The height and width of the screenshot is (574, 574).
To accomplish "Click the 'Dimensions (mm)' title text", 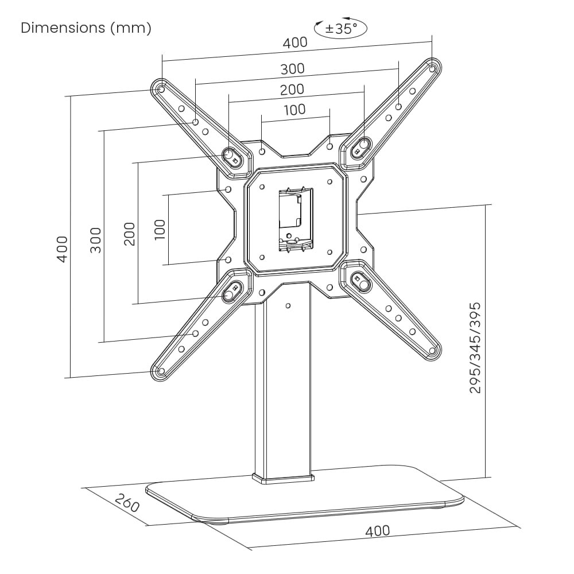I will tap(86, 28).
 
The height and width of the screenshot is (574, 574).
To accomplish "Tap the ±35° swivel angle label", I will tap(341, 29).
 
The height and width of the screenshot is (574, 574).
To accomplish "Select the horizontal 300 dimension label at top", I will tap(293, 69).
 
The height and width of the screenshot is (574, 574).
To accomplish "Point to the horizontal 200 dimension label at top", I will tap(292, 90).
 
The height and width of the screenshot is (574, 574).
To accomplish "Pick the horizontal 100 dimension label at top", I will tap(294, 109).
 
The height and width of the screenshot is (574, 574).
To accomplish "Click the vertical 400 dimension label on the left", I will tap(63, 248).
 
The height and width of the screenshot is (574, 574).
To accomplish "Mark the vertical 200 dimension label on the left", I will tap(130, 234).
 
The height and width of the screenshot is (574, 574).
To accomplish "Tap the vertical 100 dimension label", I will tap(160, 230).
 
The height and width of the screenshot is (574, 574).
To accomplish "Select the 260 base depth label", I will tap(127, 503).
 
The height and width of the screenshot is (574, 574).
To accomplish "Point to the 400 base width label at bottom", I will tap(377, 531).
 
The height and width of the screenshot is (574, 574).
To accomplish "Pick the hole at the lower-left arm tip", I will tap(161, 371).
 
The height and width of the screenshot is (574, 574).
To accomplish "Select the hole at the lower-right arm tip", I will tap(433, 350).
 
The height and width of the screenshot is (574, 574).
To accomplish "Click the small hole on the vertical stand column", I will tap(288, 305).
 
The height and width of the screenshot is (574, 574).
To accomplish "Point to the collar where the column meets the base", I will tap(283, 477).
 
